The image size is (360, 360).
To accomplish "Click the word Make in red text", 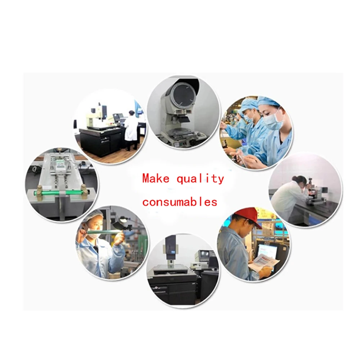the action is click(156, 178).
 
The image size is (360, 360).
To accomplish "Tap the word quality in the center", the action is click(200, 179).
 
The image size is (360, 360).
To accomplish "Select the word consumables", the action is click(180, 202).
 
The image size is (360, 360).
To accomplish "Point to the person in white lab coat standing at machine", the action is click(131, 130).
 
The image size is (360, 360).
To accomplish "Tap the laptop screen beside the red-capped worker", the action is click(267, 251).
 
